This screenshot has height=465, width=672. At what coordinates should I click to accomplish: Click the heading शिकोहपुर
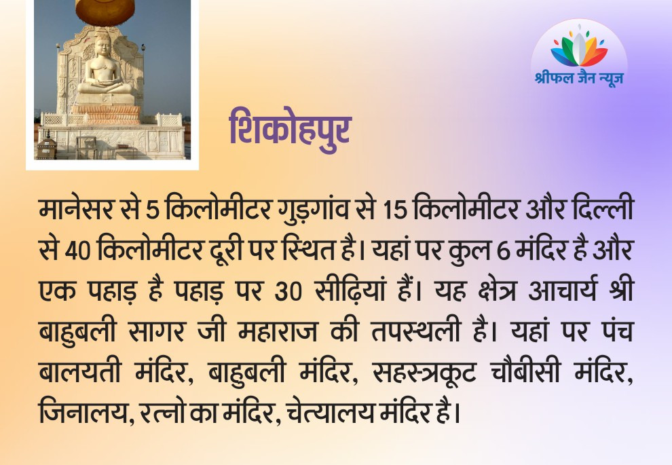(291, 130)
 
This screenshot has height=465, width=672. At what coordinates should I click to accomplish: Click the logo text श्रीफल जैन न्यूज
(579, 77)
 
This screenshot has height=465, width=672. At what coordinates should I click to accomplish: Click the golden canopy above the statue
(105, 11)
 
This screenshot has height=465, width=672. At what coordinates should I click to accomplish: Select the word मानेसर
(76, 210)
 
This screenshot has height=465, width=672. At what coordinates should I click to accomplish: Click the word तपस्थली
(415, 331)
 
